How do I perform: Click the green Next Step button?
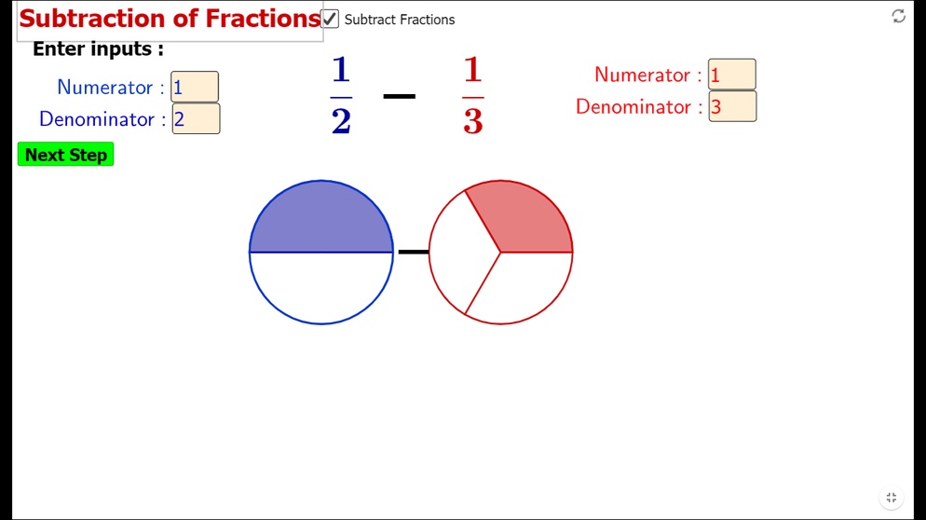pos(65,154)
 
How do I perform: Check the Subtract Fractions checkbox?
pos(330,19)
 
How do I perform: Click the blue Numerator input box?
pos(195,87)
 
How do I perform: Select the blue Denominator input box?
pos(196,118)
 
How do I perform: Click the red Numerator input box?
pos(732,75)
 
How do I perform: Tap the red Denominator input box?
pos(733,106)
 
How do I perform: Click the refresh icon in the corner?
pos(899,17)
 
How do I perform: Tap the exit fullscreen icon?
pos(892,498)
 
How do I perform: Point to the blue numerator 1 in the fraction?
pos(341,70)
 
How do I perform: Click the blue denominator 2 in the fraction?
pos(341,121)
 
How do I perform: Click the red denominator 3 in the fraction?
pos(473,121)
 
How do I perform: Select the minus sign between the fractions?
pos(400,96)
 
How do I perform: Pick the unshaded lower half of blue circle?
pos(321,288)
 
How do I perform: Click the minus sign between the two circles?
pos(414,252)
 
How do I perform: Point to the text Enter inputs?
pos(98,49)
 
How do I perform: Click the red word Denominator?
pos(633,107)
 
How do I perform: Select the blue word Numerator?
pos(104,88)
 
